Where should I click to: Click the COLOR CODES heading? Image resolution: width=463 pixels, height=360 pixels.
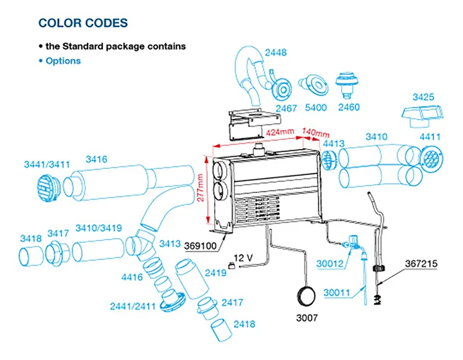[83, 24]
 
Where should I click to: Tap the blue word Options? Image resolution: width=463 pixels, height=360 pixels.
[63, 61]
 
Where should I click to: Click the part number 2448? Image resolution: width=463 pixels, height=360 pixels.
[277, 52]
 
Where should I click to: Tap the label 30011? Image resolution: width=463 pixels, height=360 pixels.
[337, 293]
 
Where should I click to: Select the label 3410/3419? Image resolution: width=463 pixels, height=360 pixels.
[98, 229]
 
